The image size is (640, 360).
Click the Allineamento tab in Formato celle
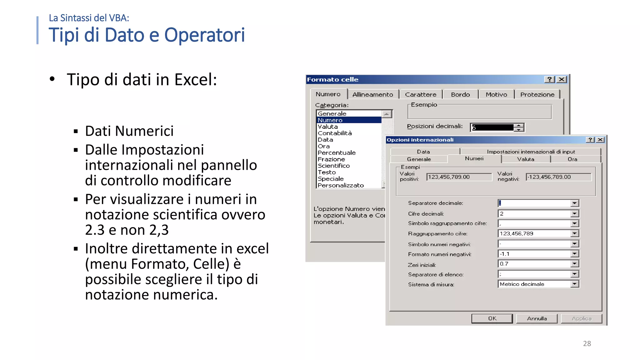pos(372,94)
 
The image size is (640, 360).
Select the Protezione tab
pos(537,94)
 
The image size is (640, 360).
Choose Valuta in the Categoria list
pos(327,127)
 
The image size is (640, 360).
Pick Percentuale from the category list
pos(337,152)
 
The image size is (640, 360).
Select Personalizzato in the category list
pos(341,185)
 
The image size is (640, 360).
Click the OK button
pos(492,318)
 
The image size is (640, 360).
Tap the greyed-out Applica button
pos(581,318)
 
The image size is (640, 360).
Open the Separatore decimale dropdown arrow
pos(574,203)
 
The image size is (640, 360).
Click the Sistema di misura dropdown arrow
pos(574,284)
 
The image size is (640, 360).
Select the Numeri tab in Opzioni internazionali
pos(474,158)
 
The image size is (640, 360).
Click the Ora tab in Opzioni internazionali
pos(572,159)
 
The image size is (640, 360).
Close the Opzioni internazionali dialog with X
pos(600,140)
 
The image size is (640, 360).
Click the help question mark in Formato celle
pos(549,79)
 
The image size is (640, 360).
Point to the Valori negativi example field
pos(558,177)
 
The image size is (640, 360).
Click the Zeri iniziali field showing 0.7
pos(534,264)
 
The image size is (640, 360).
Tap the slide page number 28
pos(587,343)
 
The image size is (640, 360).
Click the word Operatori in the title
pos(204,35)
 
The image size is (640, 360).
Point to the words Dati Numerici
pos(129,131)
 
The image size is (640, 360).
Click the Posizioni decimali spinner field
pos(492,127)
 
